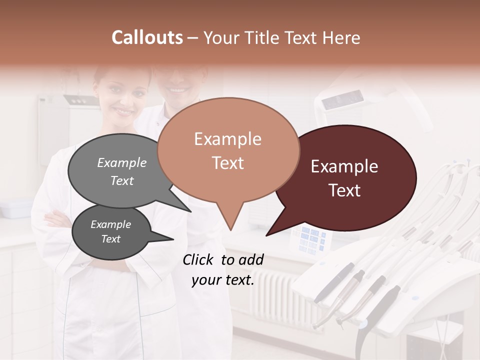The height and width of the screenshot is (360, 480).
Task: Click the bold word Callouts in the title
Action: pos(147,37)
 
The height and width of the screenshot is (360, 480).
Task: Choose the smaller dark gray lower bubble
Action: pos(111,232)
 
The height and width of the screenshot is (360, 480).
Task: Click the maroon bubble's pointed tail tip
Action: pos(267,234)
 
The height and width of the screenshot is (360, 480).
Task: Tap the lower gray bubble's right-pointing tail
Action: pos(170,238)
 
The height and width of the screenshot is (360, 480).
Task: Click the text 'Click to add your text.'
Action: pos(223,270)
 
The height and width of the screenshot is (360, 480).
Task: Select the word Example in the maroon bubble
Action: pos(344,166)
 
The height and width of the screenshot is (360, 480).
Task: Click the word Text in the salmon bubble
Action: pos(228,163)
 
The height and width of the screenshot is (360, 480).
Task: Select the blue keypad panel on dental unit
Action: pos(312,240)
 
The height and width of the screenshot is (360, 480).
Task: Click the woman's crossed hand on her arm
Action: pos(55,218)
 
